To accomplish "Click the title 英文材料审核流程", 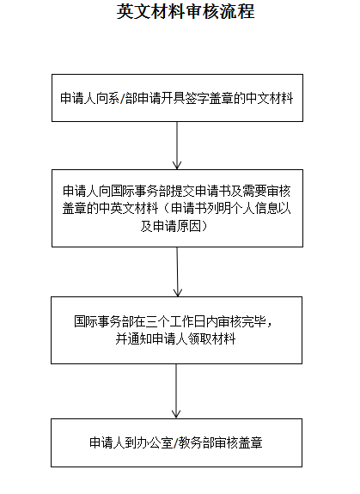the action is [186, 12].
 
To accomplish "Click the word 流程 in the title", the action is [237, 12].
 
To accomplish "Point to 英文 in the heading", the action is [134, 12].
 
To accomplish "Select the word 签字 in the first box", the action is [197, 98].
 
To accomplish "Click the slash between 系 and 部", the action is [123, 99].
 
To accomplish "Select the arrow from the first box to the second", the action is [177, 145].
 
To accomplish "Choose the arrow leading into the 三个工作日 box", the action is [178, 271].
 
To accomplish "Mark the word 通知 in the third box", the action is [139, 339].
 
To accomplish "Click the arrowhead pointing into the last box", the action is [176, 414].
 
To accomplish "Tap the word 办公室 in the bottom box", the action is [156, 442].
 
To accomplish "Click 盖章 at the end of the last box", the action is [250, 442].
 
